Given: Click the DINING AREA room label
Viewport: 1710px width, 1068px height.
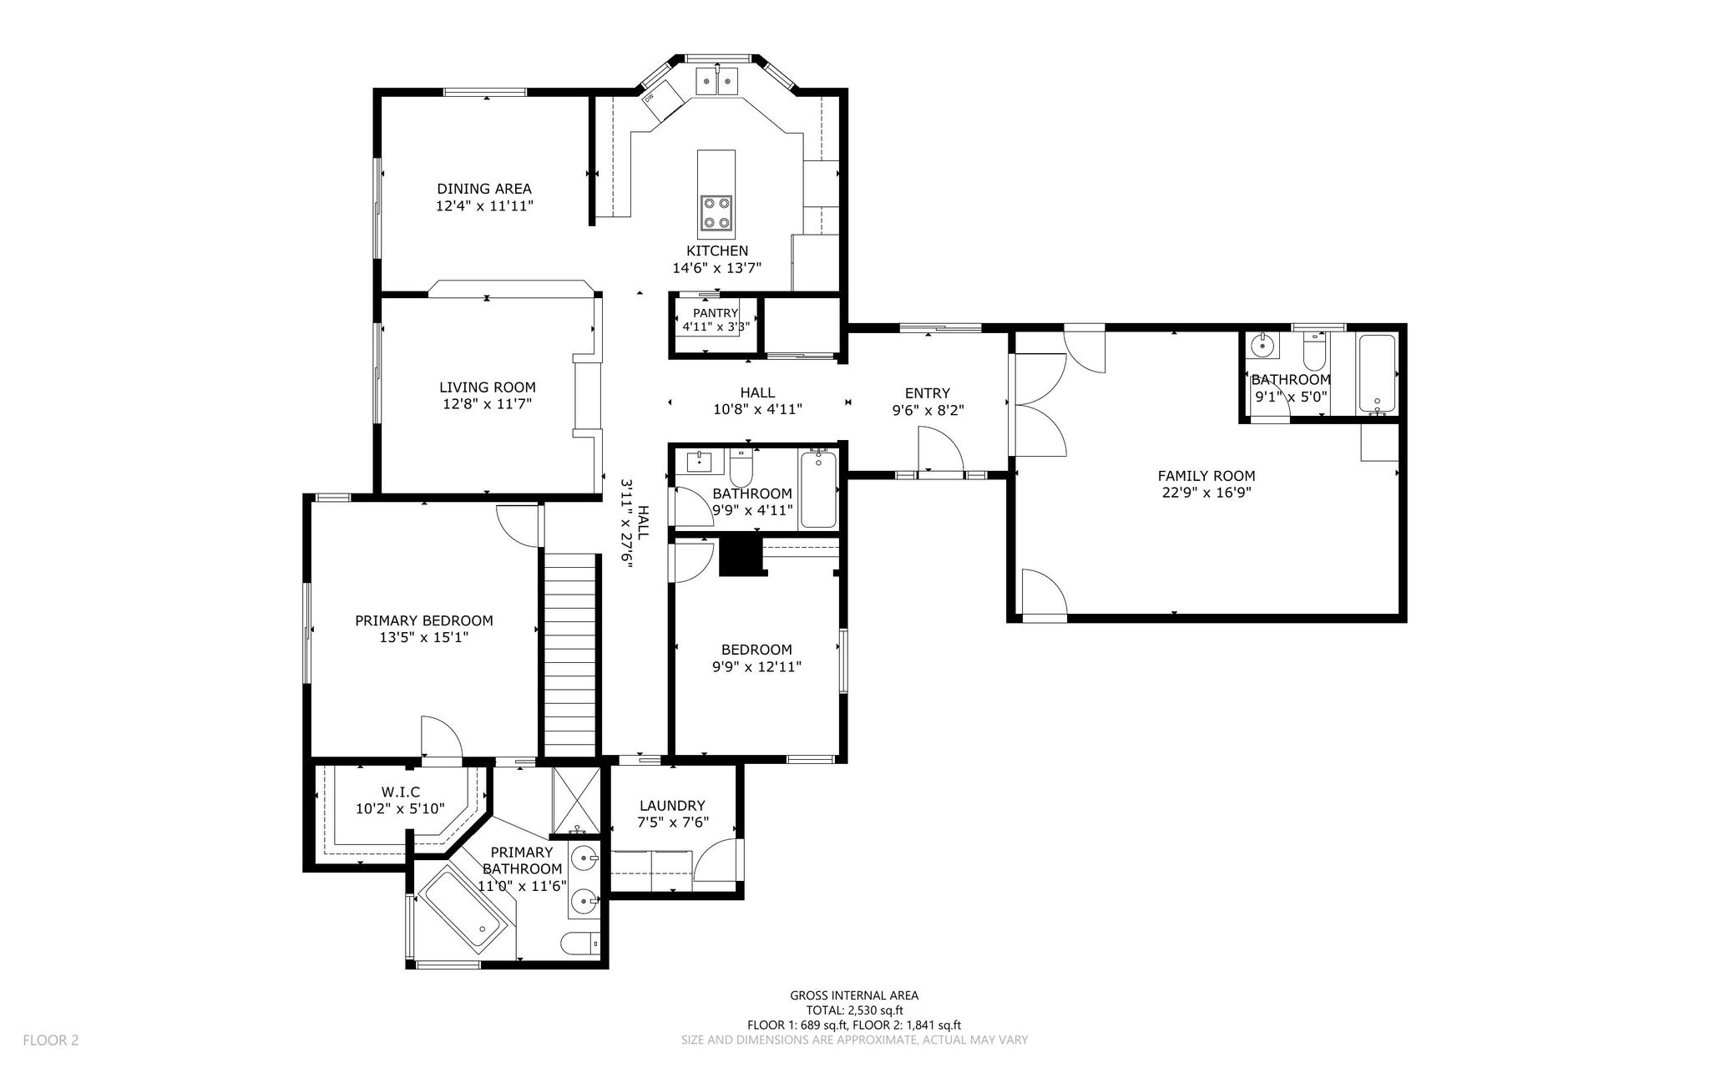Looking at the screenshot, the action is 484,189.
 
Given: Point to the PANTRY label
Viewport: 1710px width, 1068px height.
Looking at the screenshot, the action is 715,313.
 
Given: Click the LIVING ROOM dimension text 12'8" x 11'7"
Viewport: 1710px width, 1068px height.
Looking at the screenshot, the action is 488,404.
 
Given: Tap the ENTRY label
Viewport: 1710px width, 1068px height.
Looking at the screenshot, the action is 928,393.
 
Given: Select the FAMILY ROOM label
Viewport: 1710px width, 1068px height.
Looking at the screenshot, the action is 1207,476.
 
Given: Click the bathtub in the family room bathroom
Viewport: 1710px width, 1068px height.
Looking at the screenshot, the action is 1377,373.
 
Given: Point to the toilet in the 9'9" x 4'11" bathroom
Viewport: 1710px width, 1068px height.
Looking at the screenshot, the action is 741,468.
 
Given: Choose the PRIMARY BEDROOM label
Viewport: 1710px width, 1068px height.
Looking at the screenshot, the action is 424,620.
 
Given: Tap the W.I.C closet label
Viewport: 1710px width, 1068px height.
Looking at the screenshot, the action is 401,792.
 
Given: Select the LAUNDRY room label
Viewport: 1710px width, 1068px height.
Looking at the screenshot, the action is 672,806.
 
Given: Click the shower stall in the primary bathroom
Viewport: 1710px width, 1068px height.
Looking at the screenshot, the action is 576,801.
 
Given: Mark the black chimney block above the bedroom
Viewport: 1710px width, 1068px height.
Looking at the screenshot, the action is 742,556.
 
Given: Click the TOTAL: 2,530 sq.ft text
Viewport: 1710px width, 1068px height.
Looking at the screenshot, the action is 854,1010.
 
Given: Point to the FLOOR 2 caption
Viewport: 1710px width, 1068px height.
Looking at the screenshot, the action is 50,1040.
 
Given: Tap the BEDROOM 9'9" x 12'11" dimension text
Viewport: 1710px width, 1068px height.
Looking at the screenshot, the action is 757,666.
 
